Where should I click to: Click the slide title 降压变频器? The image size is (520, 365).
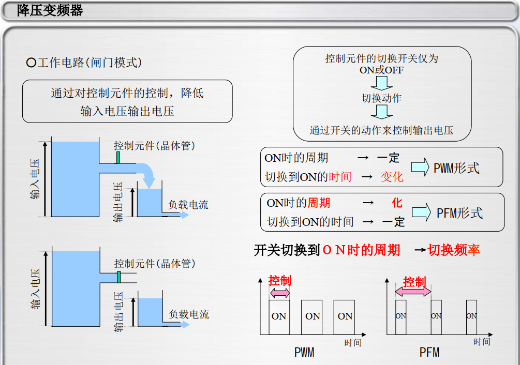click(x=50, y=11)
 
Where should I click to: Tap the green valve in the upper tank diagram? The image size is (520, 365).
click(x=118, y=158)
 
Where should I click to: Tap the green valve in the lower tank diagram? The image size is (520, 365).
click(x=118, y=277)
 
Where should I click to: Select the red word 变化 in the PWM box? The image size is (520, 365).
click(x=392, y=177)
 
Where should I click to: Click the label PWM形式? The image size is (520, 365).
click(x=457, y=168)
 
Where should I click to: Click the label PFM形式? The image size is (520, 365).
click(x=459, y=213)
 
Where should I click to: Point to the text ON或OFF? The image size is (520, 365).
click(x=381, y=70)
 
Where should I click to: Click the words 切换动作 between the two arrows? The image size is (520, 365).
click(x=381, y=98)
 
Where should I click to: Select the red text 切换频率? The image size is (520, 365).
click(x=454, y=250)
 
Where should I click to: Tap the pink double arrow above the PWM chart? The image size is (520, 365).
click(x=280, y=293)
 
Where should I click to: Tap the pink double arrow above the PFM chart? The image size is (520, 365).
click(x=413, y=292)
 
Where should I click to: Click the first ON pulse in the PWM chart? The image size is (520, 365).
click(x=279, y=317)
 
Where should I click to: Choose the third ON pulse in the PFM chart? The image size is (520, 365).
click(x=471, y=317)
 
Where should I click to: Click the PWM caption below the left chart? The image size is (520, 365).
click(x=304, y=352)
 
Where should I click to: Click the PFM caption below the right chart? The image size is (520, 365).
click(x=429, y=352)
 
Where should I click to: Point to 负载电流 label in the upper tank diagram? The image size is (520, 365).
click(x=188, y=205)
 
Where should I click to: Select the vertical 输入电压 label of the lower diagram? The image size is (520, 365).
click(x=35, y=289)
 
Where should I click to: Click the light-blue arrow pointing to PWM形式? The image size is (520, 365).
click(x=420, y=167)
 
